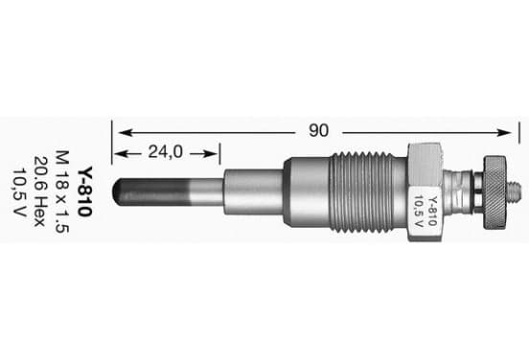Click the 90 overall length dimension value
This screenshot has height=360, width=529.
[318, 130]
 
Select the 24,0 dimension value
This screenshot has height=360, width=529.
[165, 151]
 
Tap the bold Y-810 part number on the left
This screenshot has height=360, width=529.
[84, 191]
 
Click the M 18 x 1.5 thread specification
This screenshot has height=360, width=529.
[62, 191]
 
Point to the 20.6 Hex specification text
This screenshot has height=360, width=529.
[40, 191]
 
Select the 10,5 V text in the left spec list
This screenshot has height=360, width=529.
[19, 191]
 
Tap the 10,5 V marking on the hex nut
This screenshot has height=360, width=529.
[419, 212]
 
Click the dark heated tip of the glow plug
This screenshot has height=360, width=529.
[150, 191]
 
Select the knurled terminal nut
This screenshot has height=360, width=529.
[494, 192]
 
